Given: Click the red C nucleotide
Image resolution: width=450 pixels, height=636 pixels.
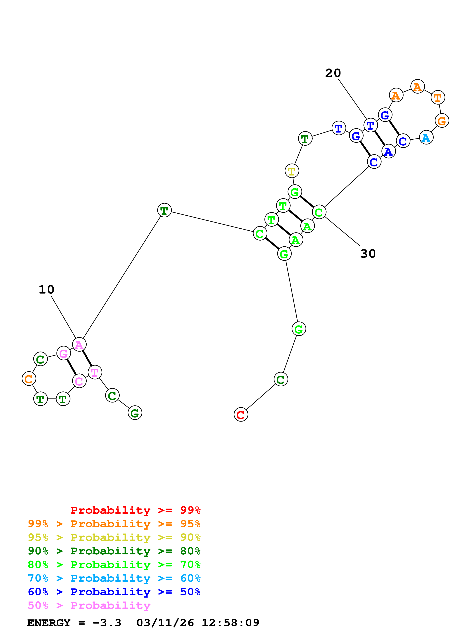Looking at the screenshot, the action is pyautogui.click(x=241, y=415).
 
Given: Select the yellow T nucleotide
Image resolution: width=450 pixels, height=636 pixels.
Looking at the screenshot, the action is pyautogui.click(x=292, y=171).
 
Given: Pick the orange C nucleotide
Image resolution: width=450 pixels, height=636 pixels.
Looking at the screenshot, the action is pyautogui.click(x=29, y=379).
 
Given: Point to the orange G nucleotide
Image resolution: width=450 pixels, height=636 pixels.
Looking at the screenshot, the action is pyautogui.click(x=442, y=121).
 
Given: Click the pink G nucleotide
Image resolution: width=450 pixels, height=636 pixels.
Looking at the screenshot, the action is pyautogui.click(x=64, y=353).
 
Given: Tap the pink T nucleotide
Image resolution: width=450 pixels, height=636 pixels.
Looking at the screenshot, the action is pyautogui.click(x=95, y=372).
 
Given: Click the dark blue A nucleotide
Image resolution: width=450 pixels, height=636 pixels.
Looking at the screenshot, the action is pyautogui.click(x=388, y=151).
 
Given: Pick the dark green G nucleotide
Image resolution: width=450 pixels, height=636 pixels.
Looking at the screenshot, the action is pyautogui.click(x=135, y=413).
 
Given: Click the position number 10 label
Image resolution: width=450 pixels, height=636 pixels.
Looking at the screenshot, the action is pyautogui.click(x=46, y=290).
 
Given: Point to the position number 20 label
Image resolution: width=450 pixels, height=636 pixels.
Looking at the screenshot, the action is pyautogui.click(x=333, y=73).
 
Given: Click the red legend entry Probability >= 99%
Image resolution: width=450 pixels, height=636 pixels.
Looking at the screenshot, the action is pyautogui.click(x=135, y=510).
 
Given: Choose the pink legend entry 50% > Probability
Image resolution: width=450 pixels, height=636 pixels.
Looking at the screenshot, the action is pyautogui.click(x=89, y=606).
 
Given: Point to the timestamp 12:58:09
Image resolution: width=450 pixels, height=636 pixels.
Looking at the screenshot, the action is pyautogui.click(x=230, y=623).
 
